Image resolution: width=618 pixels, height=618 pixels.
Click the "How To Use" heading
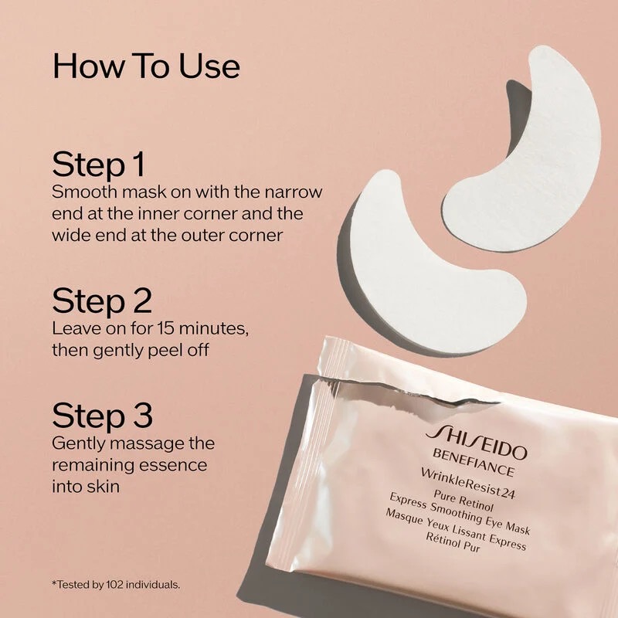pyautogui.click(x=146, y=66)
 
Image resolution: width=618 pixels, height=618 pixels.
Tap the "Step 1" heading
pyautogui.click(x=99, y=165)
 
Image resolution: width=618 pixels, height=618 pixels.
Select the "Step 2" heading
pyautogui.click(x=102, y=301)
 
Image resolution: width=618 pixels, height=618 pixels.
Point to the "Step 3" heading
pyautogui.click(x=102, y=416)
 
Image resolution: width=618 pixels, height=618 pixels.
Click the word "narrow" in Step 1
pyautogui.click(x=294, y=192)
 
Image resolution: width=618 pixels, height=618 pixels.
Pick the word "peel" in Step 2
pyautogui.click(x=165, y=351)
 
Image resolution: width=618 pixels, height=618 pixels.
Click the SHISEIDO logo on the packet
pyautogui.click(x=476, y=442)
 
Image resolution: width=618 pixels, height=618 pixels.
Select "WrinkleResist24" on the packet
pyautogui.click(x=468, y=484)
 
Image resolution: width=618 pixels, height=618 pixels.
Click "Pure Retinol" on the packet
pyautogui.click(x=463, y=500)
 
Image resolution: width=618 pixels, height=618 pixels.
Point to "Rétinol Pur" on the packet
pyautogui.click(x=453, y=542)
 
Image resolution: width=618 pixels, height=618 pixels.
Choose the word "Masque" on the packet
pyautogui.click(x=403, y=518)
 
